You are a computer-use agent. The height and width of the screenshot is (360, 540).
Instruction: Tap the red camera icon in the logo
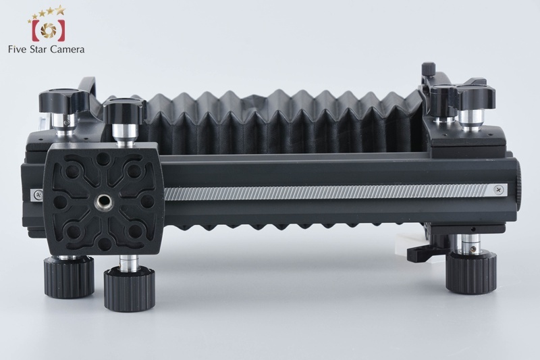coord(48,30)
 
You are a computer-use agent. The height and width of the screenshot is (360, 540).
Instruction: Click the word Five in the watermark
coord(18,49)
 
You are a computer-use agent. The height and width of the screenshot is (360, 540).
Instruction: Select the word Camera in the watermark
coord(67,49)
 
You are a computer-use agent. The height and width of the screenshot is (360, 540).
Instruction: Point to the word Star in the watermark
coord(38,49)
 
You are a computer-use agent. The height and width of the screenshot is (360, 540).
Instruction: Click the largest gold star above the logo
coord(60,9)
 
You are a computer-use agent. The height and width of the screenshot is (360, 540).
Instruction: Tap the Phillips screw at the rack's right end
coord(499,189)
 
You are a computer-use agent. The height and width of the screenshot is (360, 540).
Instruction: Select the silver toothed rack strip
coord(326,192)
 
